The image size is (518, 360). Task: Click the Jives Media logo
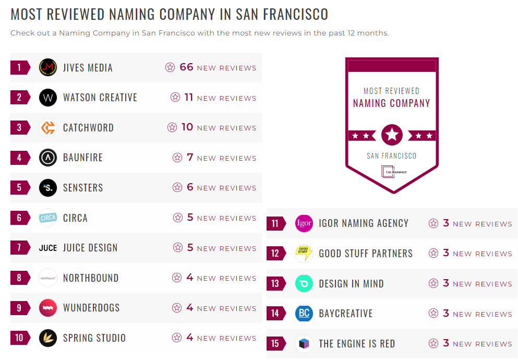point(48,67)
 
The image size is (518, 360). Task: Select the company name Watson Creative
point(100,98)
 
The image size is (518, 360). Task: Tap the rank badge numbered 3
point(20,127)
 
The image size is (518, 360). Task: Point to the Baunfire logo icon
point(48,158)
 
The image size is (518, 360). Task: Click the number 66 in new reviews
point(186,67)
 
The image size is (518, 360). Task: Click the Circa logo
point(48,218)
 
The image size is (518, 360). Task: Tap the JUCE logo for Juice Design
point(48,248)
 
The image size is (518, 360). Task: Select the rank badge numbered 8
point(20,278)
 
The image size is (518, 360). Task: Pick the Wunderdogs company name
point(91,308)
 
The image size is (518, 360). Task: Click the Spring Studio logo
point(48,338)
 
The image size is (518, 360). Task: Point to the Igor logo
point(304,224)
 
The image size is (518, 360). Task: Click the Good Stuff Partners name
point(366,254)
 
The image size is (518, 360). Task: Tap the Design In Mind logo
point(304,284)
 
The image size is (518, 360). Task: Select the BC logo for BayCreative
point(304,314)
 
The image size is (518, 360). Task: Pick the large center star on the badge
point(392,135)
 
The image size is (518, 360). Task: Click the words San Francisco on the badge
point(392,155)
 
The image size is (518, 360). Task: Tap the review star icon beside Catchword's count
point(172,127)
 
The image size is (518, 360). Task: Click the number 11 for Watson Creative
point(189,98)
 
